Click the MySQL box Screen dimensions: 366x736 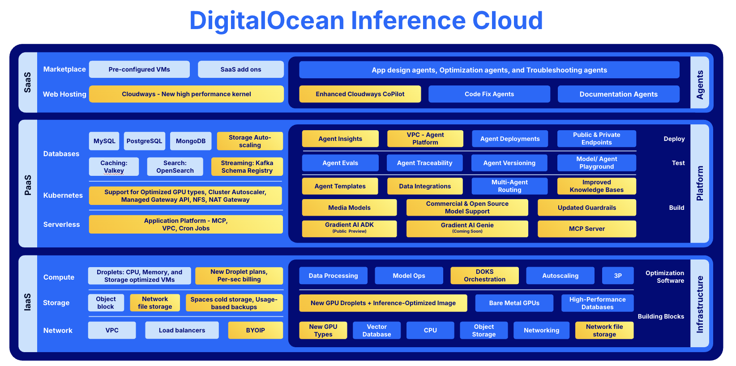pyautogui.click(x=104, y=141)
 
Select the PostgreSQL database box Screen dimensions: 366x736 pyautogui.click(x=144, y=141)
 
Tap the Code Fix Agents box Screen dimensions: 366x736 pyautogui.click(x=489, y=94)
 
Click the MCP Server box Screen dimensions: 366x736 pyautogui.click(x=586, y=229)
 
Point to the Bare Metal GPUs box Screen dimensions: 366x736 pyautogui.click(x=514, y=303)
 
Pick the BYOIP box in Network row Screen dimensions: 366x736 pyautogui.click(x=255, y=330)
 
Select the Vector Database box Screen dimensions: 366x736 pyautogui.click(x=377, y=330)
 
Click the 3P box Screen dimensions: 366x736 pyautogui.click(x=617, y=276)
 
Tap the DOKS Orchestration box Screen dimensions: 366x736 pyautogui.click(x=484, y=275)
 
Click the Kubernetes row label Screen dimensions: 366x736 pyautogui.click(x=63, y=195)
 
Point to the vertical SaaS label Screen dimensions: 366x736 pyautogui.click(x=28, y=82)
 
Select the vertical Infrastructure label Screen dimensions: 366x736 pyautogui.click(x=700, y=304)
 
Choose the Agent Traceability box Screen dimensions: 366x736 pyautogui.click(x=424, y=163)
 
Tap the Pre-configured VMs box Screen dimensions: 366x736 pyautogui.click(x=139, y=69)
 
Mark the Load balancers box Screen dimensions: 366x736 pyautogui.click(x=182, y=330)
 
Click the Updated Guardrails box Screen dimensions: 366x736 pyautogui.click(x=586, y=208)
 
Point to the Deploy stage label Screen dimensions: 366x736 pyautogui.click(x=674, y=139)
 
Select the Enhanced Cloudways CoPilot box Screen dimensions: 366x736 pyautogui.click(x=360, y=94)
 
